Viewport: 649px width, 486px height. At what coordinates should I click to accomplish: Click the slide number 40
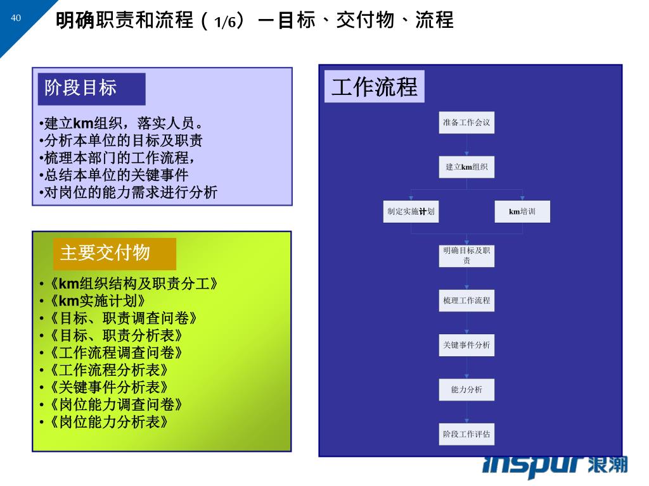pos(16,18)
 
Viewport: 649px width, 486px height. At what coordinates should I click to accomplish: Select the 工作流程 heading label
pos(375,87)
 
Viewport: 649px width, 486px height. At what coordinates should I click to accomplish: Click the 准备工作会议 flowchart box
pos(466,123)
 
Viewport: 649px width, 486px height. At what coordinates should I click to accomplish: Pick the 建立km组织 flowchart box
pos(466,167)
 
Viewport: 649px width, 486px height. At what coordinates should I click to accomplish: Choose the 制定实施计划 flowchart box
pos(411,211)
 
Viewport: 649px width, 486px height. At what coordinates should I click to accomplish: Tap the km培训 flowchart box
pos(522,211)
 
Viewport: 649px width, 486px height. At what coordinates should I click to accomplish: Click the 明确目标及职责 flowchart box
pos(466,256)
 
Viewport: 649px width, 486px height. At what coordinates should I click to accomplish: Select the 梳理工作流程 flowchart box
pos(466,301)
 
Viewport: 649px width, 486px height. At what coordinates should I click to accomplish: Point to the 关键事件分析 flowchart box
pos(466,345)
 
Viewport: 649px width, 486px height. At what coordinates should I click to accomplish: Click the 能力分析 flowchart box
pos(466,390)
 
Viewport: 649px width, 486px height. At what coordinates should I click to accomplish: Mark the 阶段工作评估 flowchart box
pos(466,434)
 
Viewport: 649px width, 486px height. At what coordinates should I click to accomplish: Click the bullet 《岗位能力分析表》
pos(110,421)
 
